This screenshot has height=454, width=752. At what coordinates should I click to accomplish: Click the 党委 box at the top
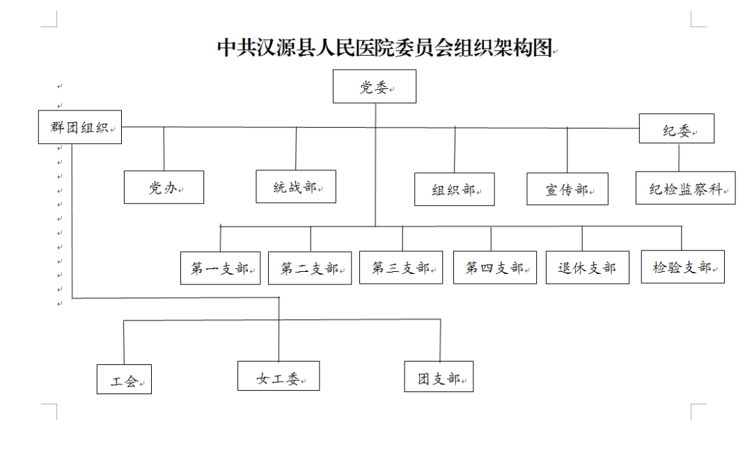[375, 86]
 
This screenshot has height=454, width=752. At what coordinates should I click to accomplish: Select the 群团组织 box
[80, 127]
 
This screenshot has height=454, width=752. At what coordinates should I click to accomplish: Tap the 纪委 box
[677, 129]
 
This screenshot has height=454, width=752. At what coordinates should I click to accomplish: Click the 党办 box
[164, 187]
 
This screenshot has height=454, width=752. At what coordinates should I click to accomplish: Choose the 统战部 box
[296, 186]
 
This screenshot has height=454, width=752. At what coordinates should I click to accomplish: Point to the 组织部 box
[455, 189]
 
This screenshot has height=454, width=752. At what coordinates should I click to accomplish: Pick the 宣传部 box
[567, 189]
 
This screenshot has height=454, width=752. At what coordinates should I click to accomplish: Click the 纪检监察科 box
[686, 188]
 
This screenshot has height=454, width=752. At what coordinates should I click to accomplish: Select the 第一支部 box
[221, 268]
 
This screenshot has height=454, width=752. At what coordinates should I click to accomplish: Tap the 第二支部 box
[310, 268]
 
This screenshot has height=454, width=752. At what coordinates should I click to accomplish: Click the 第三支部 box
[402, 268]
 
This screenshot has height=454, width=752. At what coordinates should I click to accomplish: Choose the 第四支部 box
[495, 268]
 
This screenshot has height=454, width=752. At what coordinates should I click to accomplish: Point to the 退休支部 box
[588, 268]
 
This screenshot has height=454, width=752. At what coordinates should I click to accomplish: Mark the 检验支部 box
[683, 267]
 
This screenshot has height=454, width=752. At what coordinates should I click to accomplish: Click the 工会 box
[124, 380]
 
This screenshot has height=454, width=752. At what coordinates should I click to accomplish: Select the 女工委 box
[279, 376]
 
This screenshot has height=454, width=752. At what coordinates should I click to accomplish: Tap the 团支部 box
[439, 376]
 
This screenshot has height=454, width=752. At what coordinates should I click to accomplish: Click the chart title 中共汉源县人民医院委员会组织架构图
[386, 48]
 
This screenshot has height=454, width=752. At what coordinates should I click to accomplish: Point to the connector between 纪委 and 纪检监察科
[679, 158]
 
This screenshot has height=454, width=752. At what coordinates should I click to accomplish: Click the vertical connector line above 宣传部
[567, 150]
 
